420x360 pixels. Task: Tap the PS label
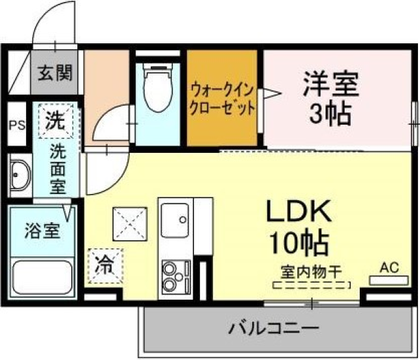pyautogui.click(x=17, y=125)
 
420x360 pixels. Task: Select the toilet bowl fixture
pyautogui.click(x=158, y=88)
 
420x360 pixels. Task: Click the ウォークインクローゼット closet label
pyautogui.click(x=222, y=99)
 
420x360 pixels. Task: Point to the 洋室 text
pyautogui.click(x=331, y=84)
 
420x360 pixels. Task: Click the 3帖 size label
pyautogui.click(x=330, y=114)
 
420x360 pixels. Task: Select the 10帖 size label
pyautogui.click(x=299, y=243)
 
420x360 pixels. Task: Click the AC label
pyautogui.click(x=389, y=267)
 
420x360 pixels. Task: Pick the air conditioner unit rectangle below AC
pyautogui.click(x=389, y=280)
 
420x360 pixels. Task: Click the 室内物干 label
pyautogui.click(x=312, y=272)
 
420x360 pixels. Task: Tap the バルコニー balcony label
pyautogui.click(x=274, y=328)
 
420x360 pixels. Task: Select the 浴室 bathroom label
pyautogui.click(x=42, y=231)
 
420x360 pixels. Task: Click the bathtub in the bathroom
pyautogui.click(x=42, y=277)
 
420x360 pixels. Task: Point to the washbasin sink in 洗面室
pyautogui.click(x=21, y=176)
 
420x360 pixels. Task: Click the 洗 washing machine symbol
pyautogui.click(x=55, y=121)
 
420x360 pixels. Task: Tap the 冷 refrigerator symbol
pyautogui.click(x=106, y=266)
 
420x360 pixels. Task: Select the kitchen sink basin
pyautogui.click(x=175, y=220)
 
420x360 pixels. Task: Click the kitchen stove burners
pyautogui.click(x=175, y=276)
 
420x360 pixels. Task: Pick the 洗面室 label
pyautogui.click(x=58, y=169)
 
